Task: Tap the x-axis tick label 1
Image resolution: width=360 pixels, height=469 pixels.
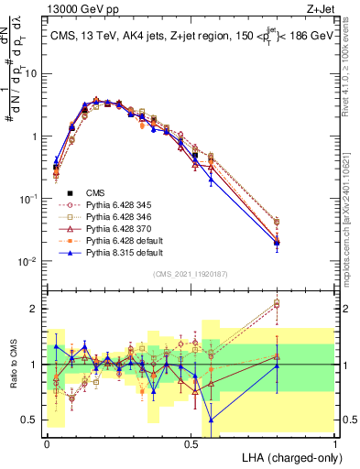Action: pos(335,442)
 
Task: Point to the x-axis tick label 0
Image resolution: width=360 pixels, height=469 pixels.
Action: pos(47,442)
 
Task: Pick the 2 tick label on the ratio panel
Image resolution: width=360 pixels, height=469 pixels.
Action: pos(34,308)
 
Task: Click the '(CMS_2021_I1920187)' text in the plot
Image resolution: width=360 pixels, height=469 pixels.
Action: pos(190,273)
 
